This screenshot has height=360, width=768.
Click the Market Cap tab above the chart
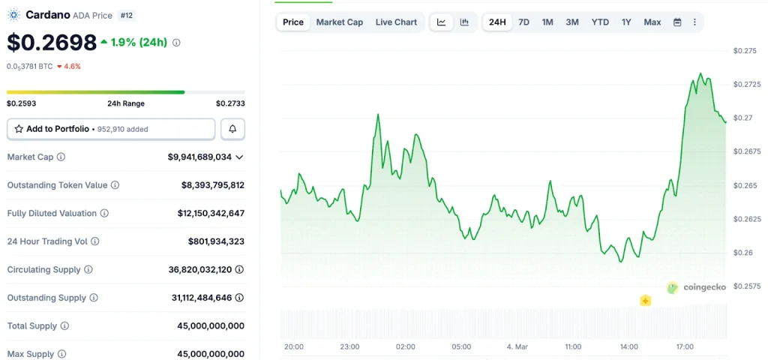click(339, 22)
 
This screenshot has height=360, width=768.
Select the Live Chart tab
click(396, 22)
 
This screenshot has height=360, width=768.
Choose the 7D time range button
click(523, 22)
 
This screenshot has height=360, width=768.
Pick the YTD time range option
click(600, 22)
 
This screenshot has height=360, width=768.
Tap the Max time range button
click(652, 22)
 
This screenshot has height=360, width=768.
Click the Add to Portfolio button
click(111, 129)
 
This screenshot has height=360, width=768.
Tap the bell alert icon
click(232, 129)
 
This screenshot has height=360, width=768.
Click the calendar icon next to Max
click(677, 22)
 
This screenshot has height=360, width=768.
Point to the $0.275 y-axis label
click(745, 51)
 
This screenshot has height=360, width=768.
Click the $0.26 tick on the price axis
click(742, 253)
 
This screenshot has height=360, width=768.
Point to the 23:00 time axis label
click(349, 347)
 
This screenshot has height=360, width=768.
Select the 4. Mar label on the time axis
click(517, 347)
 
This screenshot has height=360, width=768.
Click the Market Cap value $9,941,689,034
click(199, 157)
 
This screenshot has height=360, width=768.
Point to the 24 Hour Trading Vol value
click(216, 241)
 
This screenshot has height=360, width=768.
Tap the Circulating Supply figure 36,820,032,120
click(208, 269)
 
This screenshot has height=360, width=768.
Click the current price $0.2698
click(52, 42)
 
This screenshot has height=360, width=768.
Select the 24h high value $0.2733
click(230, 103)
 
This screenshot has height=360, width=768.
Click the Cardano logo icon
click(13, 15)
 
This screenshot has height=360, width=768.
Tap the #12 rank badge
click(126, 15)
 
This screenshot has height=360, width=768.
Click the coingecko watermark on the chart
click(697, 286)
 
